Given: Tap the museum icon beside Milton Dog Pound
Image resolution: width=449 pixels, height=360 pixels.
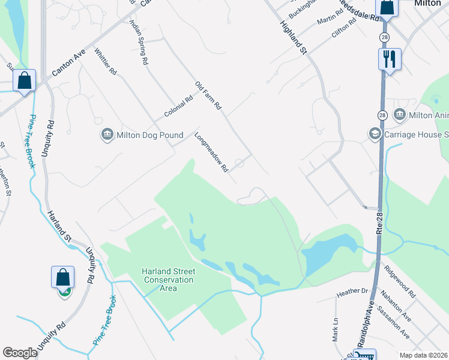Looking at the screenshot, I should pos(107,134).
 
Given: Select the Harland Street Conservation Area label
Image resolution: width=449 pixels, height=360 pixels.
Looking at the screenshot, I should pos(168,280).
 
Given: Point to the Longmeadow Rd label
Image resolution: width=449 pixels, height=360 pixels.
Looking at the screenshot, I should pos(211,152).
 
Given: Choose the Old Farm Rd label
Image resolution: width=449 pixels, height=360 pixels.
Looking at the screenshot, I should pos(208,95).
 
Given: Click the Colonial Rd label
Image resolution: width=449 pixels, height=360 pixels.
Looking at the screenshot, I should pos(178,107).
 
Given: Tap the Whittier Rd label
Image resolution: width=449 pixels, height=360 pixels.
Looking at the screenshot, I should pos(105,61).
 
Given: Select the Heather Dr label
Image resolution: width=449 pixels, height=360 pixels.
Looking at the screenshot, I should pos(352,292).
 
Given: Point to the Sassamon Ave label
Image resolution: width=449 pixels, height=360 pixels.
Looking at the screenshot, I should pos(396,324).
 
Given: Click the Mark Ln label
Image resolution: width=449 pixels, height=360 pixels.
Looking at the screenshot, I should pos(336,329).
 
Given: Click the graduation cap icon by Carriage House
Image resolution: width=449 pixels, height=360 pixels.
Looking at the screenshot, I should pos(375,134).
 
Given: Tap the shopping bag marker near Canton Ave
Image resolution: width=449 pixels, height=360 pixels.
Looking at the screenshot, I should pos(25,80).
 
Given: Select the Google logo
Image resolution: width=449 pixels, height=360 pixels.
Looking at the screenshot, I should pos(20,353).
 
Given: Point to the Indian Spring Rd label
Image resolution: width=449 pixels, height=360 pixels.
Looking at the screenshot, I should pos(139,41).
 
